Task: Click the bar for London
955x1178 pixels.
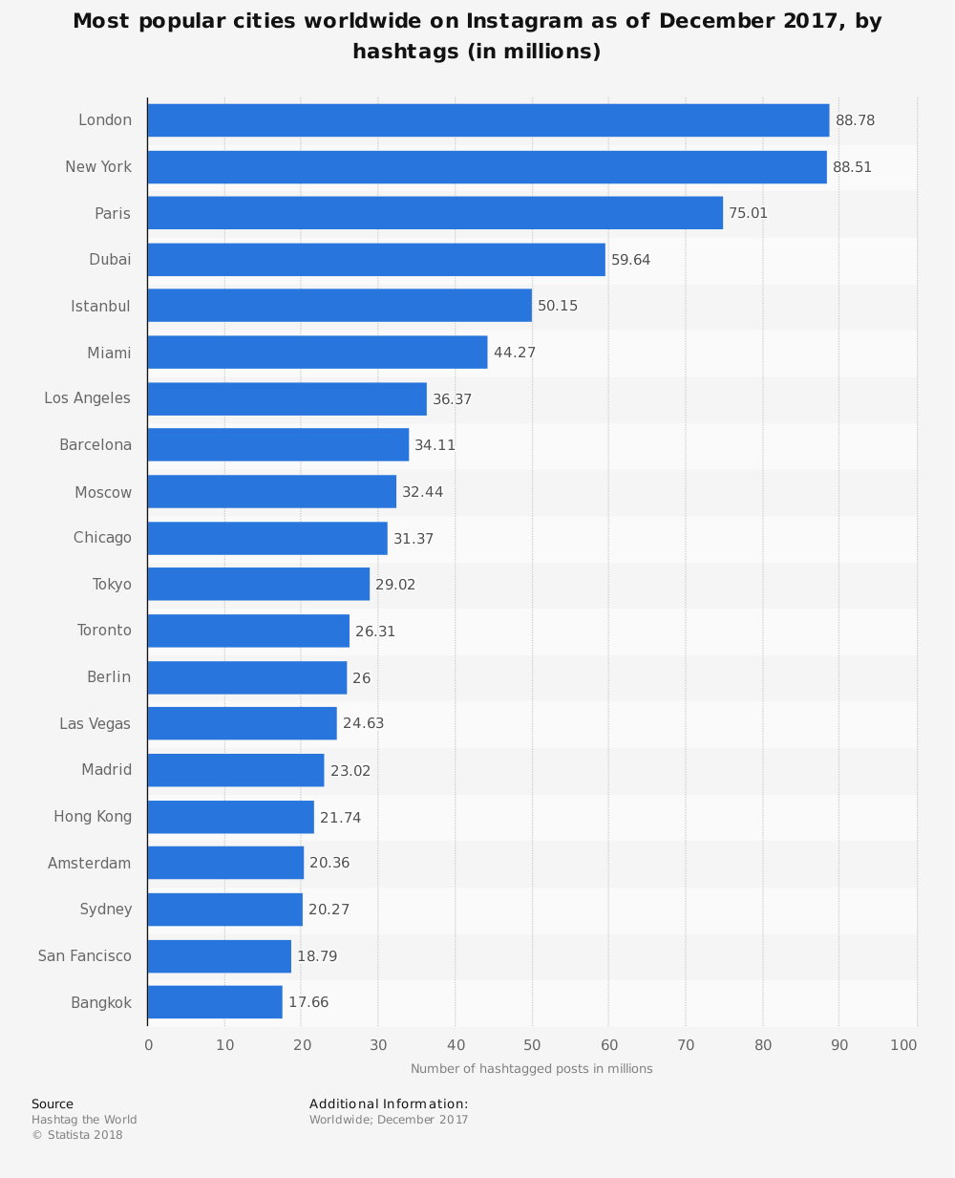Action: point(488,120)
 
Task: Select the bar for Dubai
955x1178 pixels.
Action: point(376,260)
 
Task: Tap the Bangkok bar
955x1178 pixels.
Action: point(215,1002)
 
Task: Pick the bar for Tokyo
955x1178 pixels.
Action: point(259,585)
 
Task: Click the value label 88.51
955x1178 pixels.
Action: point(852,167)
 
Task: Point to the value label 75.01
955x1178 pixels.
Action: point(748,213)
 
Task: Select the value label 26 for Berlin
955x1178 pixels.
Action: point(361,678)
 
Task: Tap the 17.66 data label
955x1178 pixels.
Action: point(308,1002)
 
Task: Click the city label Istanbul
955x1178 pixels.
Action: point(100,307)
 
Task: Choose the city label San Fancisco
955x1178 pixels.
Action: point(85,956)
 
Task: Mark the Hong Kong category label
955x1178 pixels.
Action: point(93,817)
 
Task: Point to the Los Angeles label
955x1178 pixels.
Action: point(87,398)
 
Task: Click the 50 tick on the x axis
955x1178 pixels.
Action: point(532,1045)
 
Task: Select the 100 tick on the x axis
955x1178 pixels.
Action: point(903,1045)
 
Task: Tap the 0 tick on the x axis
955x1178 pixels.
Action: point(148,1045)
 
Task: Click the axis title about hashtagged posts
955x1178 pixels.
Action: point(532,1069)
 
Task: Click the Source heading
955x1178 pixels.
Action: point(53,1104)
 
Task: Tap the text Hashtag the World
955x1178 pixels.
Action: point(84,1120)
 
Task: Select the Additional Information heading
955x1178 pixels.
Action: point(389,1104)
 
